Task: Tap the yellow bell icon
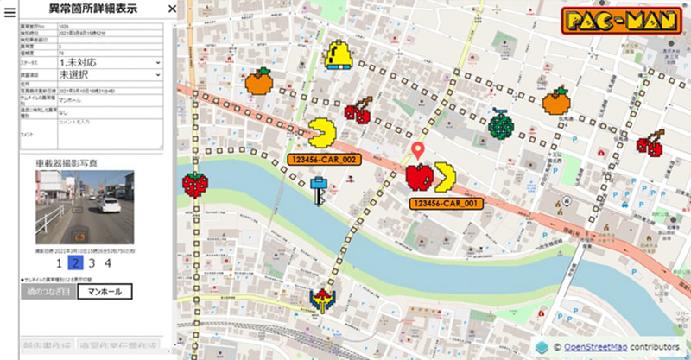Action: (336, 54)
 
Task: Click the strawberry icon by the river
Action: (195, 183)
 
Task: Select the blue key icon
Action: (320, 189)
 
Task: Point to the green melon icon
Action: (500, 124)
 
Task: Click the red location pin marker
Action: (420, 151)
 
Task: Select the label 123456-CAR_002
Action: (323, 160)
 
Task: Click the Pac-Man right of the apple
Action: (447, 176)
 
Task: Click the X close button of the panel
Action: (172, 9)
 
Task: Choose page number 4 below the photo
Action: (107, 264)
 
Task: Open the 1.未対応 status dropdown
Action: (109, 62)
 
